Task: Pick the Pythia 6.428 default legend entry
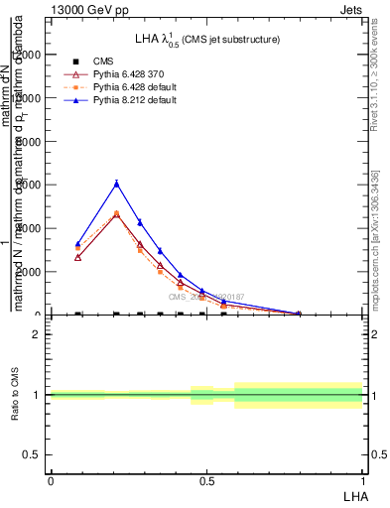(x=131, y=87)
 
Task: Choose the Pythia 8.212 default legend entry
(x=131, y=100)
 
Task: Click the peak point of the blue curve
(x=117, y=184)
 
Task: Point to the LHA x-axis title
(x=352, y=494)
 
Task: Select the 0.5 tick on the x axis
(x=206, y=479)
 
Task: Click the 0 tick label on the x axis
(x=50, y=479)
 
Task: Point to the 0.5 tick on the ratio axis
(x=32, y=454)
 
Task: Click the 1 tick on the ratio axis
(x=37, y=395)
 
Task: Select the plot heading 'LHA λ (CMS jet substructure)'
(x=207, y=39)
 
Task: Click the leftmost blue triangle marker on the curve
(x=77, y=244)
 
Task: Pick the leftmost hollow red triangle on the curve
(x=77, y=257)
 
